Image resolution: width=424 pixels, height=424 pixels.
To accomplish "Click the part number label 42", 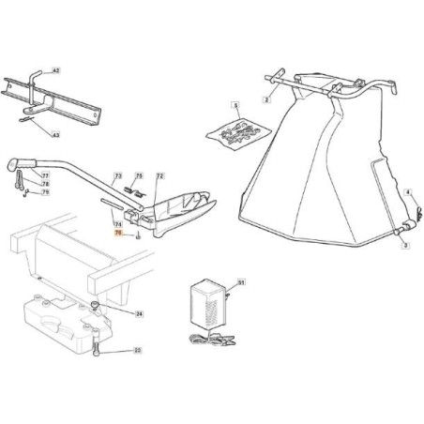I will tap(82, 71).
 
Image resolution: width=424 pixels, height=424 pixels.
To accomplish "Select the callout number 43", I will tap(82, 136).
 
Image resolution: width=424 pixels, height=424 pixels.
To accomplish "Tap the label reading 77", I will tap(46, 175).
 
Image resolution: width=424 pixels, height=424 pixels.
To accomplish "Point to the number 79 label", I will tap(46, 192).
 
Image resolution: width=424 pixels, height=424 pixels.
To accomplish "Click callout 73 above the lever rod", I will tap(118, 176).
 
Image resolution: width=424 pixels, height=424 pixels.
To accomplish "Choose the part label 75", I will tap(139, 176).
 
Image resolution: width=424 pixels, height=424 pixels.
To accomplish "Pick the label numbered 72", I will tap(159, 176).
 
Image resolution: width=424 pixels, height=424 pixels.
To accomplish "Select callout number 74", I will tap(118, 224).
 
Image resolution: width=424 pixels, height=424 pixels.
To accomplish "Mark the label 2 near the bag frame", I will tap(266, 98).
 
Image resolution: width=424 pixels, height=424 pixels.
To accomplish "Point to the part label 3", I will tap(404, 244).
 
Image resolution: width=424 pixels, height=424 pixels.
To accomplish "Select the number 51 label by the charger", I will tap(241, 281).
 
